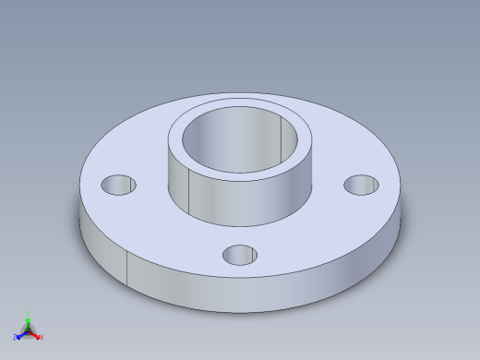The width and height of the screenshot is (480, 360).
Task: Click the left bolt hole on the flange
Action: [119, 185]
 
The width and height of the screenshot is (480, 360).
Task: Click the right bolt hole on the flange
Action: [361, 185]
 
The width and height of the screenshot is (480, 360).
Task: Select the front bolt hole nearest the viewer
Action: [240, 254]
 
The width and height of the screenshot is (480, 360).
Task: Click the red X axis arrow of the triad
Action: [36, 334]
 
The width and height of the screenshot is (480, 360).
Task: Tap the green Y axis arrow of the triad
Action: [28, 322]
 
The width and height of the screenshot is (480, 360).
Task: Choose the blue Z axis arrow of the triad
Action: [21, 334]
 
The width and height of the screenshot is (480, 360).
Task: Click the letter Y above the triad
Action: [28, 313]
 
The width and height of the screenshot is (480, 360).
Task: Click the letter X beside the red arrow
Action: [42, 337]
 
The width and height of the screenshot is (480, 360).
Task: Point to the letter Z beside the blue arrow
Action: [15, 337]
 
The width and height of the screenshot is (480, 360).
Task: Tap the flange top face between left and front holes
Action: [166, 231]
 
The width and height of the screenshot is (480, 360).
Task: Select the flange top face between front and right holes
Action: [314, 235]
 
